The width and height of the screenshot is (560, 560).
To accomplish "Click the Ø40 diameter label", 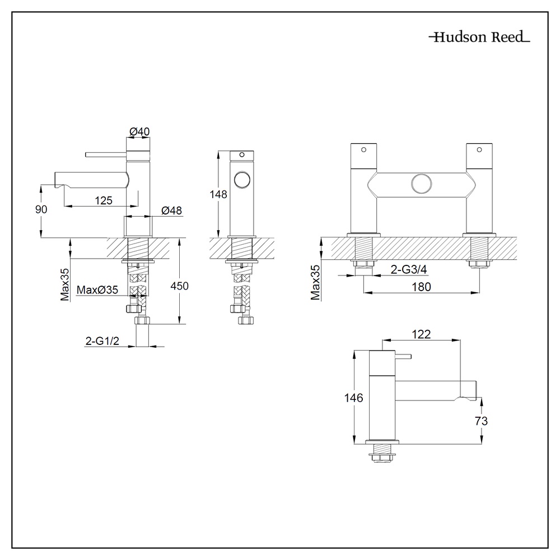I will [x=139, y=131].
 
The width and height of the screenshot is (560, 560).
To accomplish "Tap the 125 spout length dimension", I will [x=103, y=200].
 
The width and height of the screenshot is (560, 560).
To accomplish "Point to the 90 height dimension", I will [x=41, y=208].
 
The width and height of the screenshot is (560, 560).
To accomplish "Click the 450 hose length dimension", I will [x=179, y=286].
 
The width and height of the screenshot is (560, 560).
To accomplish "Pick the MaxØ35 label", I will [x=97, y=290].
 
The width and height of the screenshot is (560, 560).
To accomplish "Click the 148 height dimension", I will [x=218, y=194].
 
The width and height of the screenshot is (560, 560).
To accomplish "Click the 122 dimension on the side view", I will [x=421, y=334].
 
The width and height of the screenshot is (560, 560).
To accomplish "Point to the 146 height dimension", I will [x=354, y=398].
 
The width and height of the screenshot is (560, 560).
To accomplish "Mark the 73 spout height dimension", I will [x=480, y=421].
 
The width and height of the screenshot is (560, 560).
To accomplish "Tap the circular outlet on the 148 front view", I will [x=242, y=181].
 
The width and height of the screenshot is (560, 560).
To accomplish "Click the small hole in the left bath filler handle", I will [x=363, y=150].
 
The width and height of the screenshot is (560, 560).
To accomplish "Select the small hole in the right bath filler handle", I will [x=478, y=150].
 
